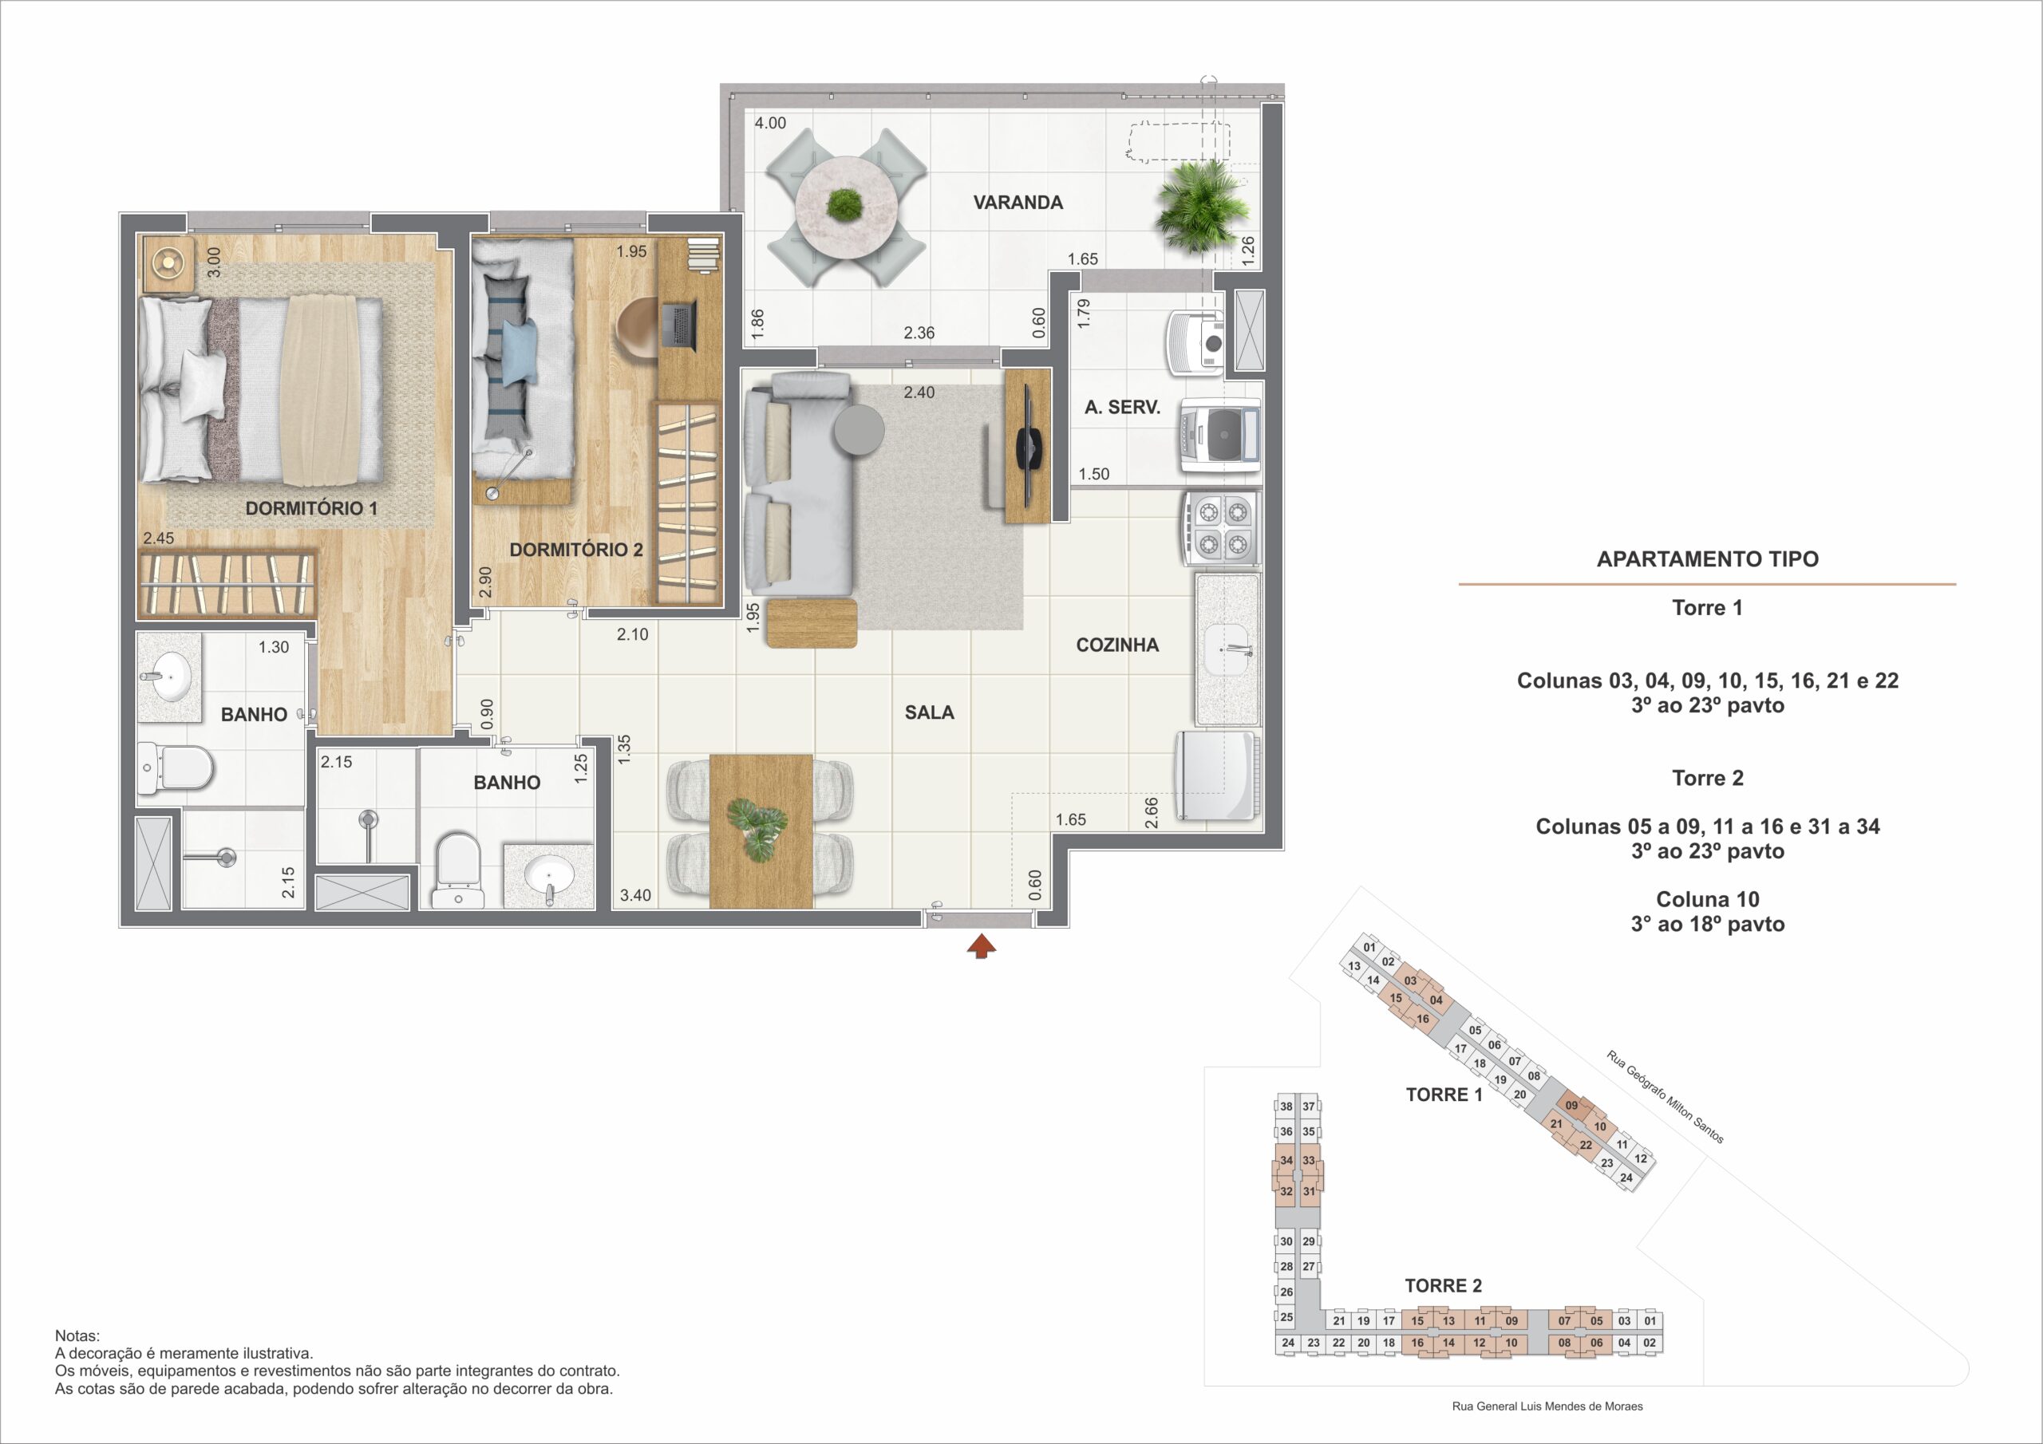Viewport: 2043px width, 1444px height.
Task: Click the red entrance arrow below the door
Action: (982, 947)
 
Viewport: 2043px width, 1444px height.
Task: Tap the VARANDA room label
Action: (1018, 203)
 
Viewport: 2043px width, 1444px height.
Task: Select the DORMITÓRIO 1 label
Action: (311, 508)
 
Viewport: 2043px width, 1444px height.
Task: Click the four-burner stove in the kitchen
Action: (1222, 528)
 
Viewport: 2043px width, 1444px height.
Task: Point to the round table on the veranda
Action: (844, 208)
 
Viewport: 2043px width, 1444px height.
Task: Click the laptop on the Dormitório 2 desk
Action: (680, 325)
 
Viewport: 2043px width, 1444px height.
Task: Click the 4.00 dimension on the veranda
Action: (771, 123)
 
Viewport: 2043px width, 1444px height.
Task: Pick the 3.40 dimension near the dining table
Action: (635, 895)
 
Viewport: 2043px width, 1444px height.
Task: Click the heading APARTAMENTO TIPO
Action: (1708, 558)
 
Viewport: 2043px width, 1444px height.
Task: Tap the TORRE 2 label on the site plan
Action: (1444, 1285)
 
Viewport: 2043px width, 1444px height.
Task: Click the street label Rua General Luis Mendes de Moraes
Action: (1547, 1407)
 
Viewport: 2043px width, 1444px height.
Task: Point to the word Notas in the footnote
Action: (77, 1336)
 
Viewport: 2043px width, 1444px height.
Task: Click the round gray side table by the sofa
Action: (859, 430)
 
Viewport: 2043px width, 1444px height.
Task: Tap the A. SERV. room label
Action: (1122, 408)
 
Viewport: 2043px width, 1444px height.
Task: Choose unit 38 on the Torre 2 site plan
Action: (1286, 1107)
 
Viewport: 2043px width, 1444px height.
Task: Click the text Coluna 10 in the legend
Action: (1708, 899)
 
